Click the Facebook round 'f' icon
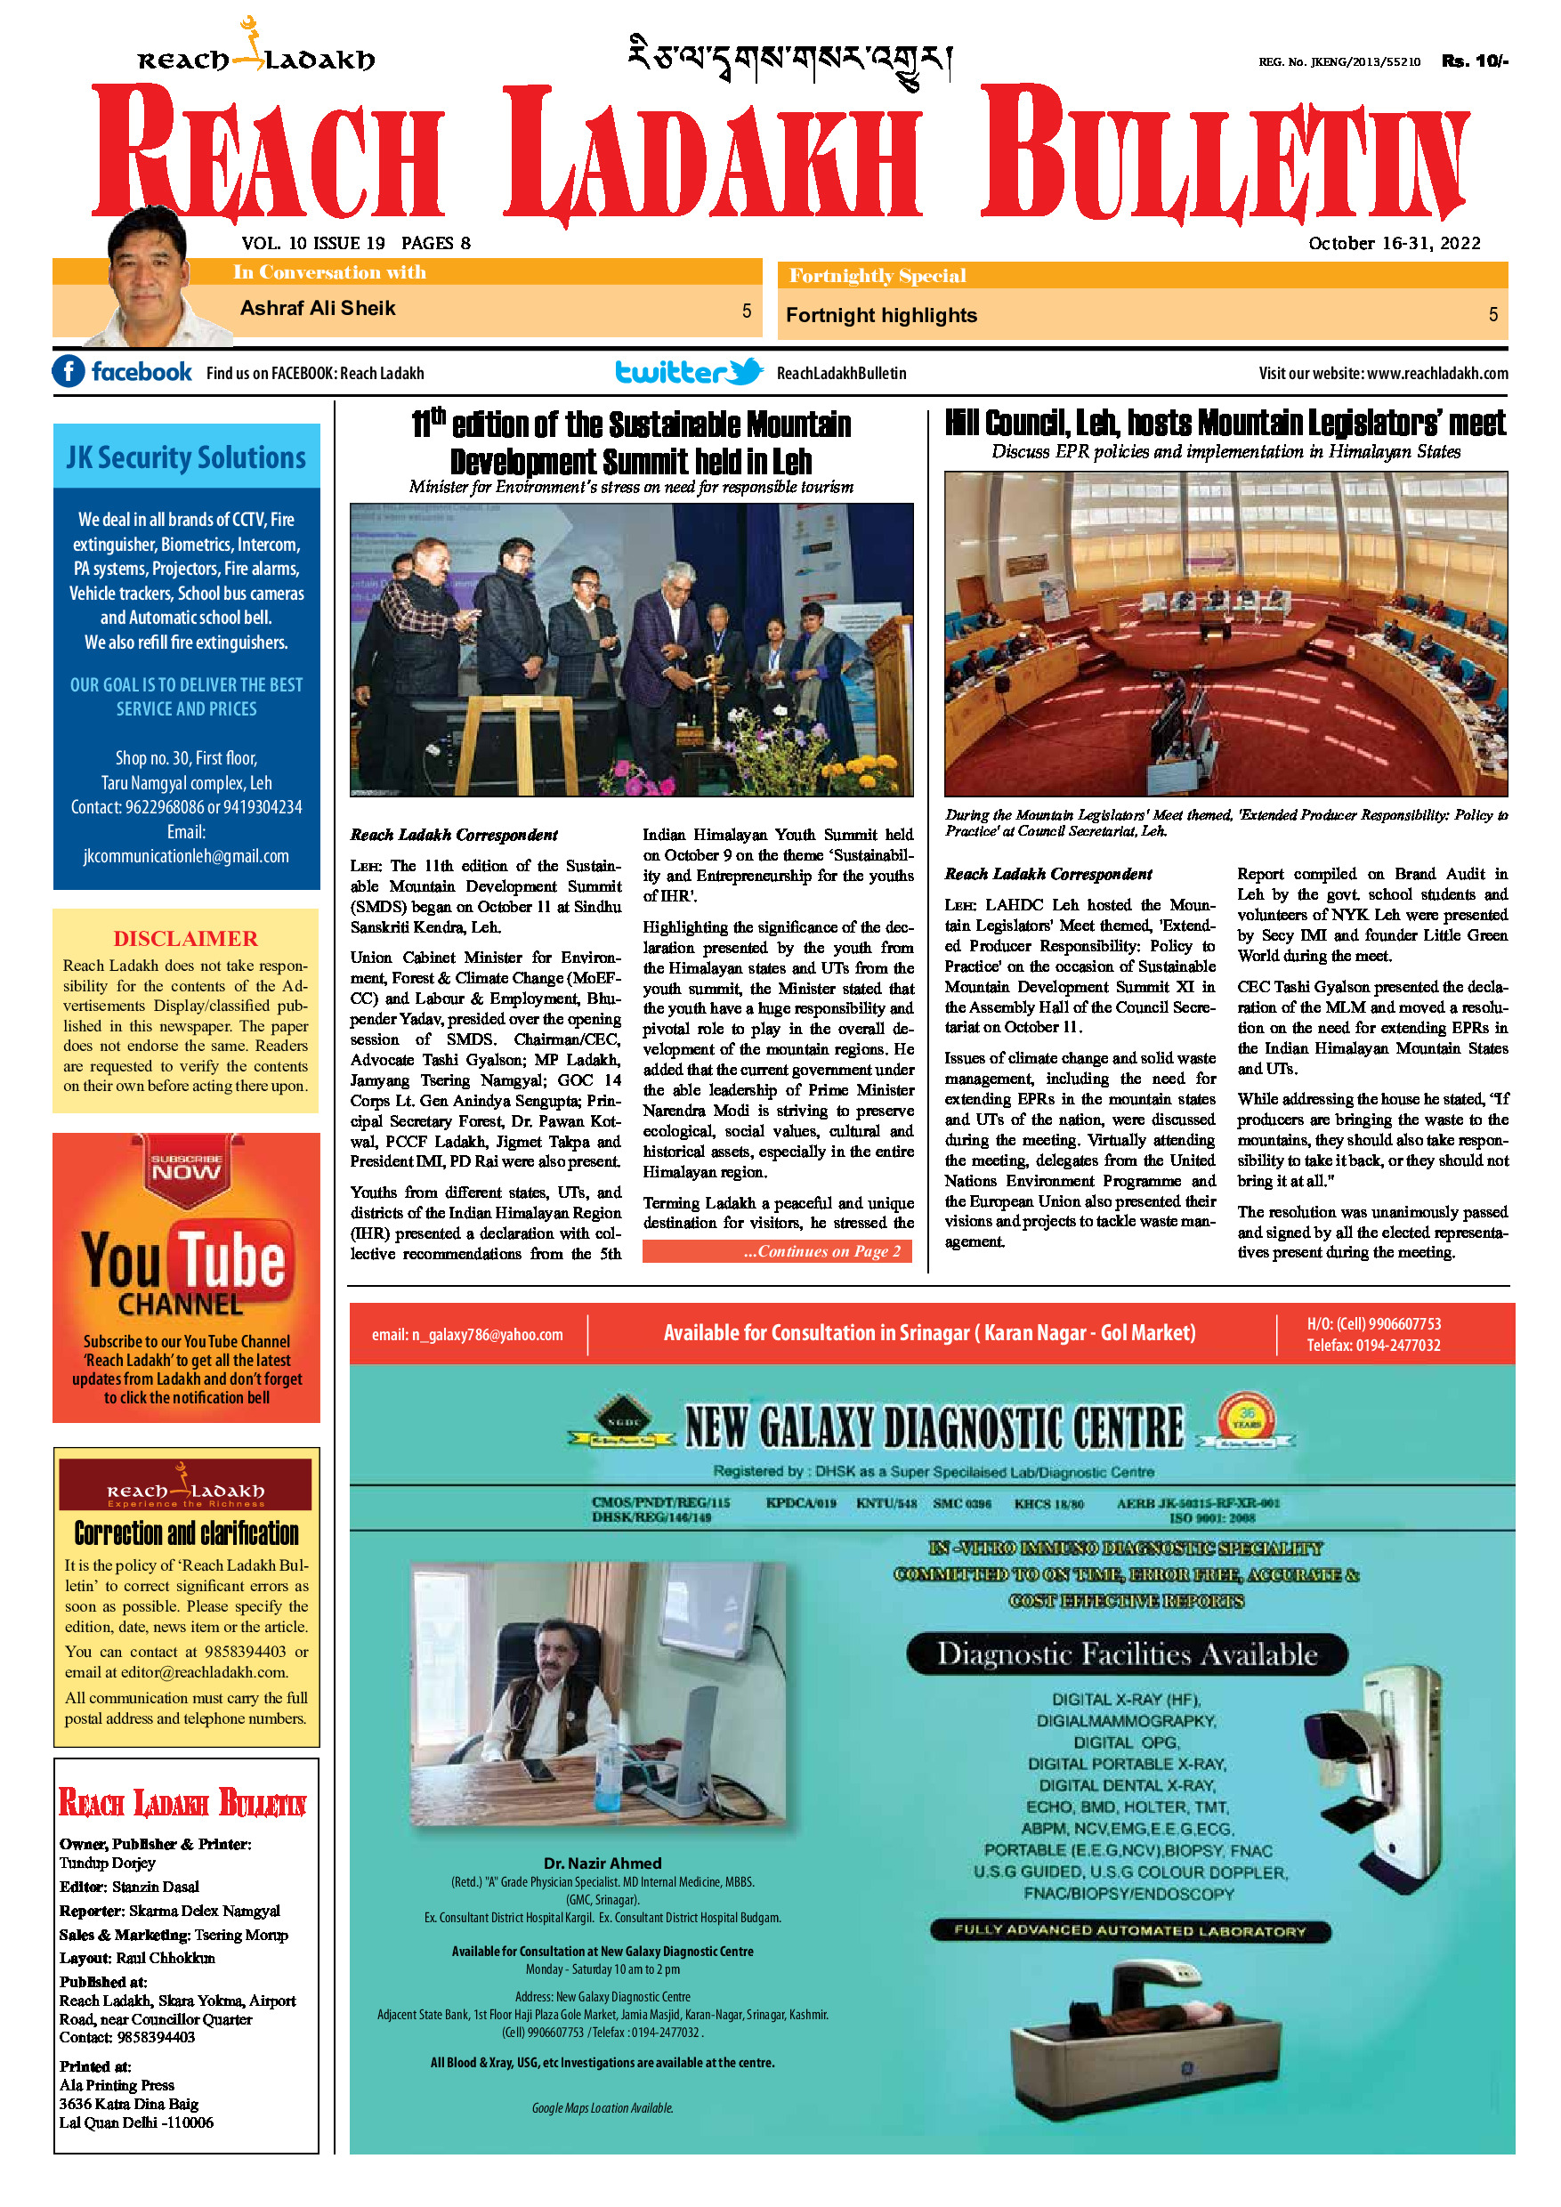(69, 372)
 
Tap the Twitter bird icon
(744, 372)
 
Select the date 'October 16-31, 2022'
(1394, 243)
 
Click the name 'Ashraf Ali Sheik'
(317, 309)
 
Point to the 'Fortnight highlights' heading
(880, 315)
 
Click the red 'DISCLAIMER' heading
(185, 938)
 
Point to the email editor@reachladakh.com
(204, 1672)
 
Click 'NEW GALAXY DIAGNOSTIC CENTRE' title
(934, 1427)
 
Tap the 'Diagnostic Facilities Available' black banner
(1127, 1654)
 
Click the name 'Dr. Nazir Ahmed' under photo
(602, 1863)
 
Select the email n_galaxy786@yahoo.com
(467, 1335)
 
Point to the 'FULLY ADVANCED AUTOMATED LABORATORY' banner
(1129, 1930)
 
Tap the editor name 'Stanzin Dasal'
(155, 1887)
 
